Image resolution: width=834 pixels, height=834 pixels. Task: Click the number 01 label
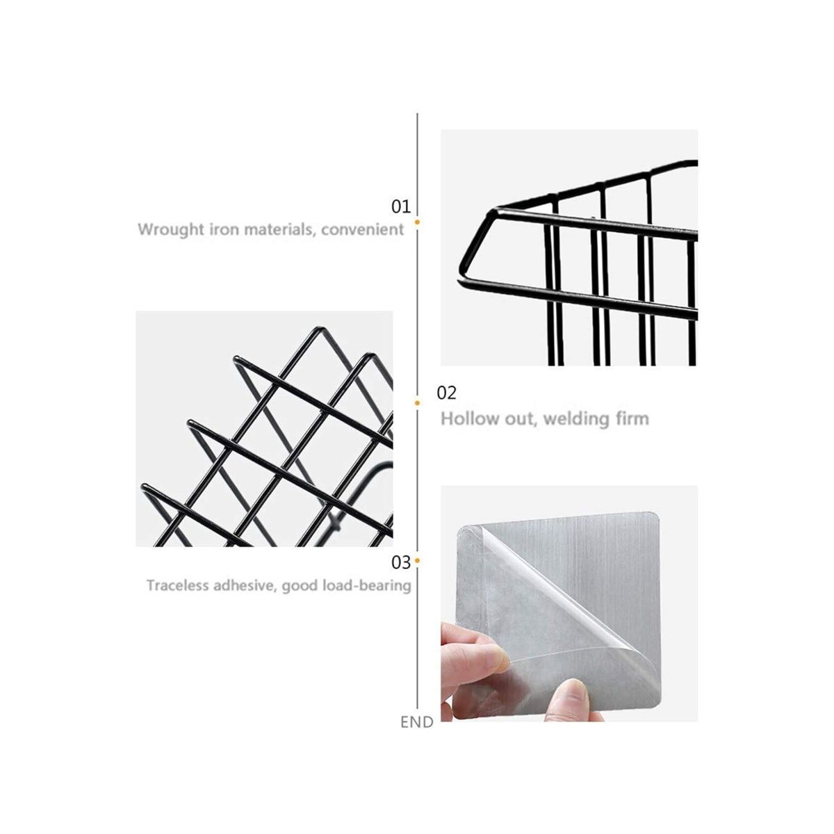401,206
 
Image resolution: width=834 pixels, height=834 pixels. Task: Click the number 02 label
446,393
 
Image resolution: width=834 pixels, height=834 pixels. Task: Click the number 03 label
401,561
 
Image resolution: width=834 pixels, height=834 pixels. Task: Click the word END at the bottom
416,722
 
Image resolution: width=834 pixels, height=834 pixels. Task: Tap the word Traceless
177,585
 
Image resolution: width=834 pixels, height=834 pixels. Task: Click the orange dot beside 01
417,222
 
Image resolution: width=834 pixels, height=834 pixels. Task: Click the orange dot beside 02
417,402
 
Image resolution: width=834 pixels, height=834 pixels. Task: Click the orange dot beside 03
417,559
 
